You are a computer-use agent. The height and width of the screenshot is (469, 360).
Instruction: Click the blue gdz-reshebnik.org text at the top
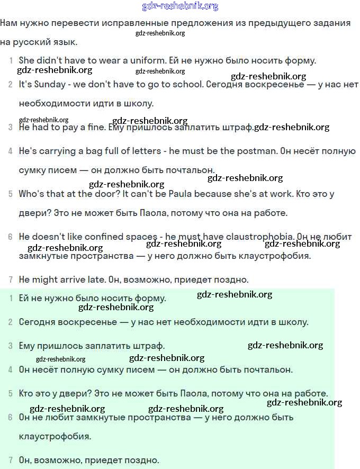pos(180,6)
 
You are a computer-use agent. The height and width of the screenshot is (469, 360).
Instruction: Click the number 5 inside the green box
pos(11,394)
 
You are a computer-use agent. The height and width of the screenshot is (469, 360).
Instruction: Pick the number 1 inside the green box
pos(11,299)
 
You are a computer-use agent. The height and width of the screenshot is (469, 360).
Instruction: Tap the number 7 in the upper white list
pos(11,279)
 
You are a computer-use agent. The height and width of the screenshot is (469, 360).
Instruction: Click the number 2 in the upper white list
pos(11,84)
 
